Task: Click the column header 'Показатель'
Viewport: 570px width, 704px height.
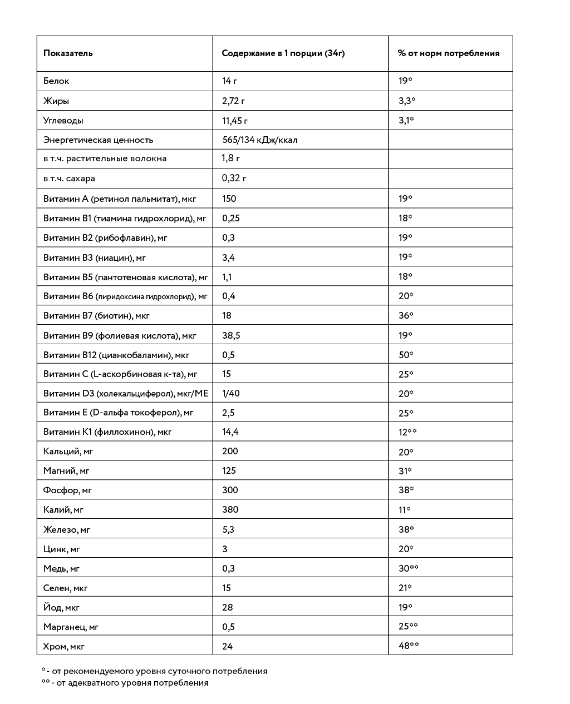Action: (68, 53)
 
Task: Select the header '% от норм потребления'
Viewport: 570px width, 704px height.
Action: (448, 53)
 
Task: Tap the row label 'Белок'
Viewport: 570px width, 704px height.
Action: (56, 81)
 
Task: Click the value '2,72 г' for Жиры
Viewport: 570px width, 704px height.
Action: (233, 101)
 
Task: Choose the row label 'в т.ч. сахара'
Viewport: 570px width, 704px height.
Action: (69, 179)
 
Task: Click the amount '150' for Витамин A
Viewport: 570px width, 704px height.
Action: (229, 199)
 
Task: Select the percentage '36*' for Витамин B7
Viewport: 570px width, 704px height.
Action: (406, 315)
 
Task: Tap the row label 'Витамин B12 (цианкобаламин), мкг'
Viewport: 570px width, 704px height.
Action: (116, 355)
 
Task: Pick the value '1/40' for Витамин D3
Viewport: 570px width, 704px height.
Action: (231, 393)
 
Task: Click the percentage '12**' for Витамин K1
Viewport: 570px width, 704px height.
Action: (407, 432)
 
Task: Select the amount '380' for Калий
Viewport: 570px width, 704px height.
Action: (230, 509)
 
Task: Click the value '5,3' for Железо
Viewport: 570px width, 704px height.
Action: (228, 529)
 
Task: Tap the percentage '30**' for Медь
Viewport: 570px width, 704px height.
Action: (408, 568)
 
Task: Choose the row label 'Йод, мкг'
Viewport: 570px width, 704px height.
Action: (61, 607)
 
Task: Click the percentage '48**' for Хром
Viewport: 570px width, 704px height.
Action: (409, 646)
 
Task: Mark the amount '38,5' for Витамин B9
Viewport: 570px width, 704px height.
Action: (231, 335)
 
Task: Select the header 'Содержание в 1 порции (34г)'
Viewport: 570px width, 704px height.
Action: (283, 53)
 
